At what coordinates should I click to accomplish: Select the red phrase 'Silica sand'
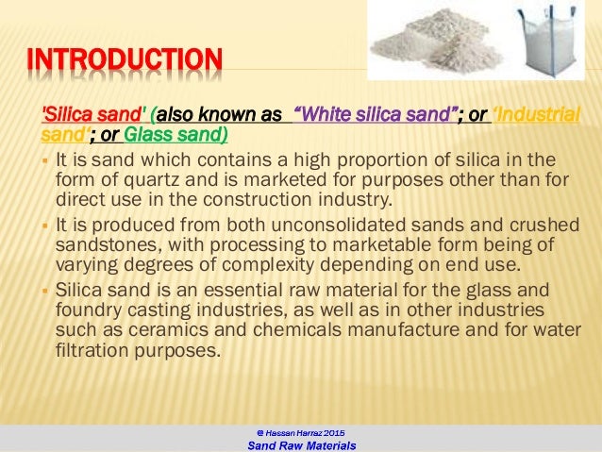80,115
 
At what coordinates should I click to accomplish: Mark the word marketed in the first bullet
263,182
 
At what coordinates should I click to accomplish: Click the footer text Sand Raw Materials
301,445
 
